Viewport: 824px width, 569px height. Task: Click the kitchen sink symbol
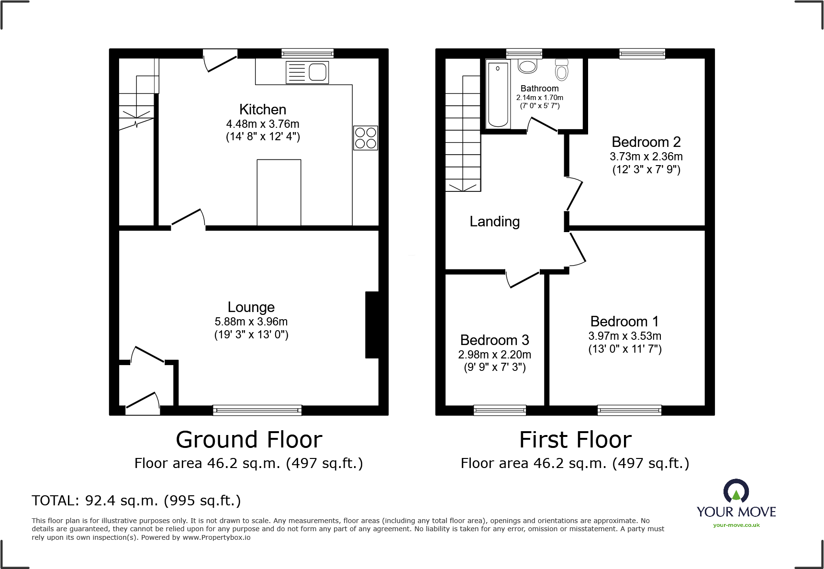pos(307,73)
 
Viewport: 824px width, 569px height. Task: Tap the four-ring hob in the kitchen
pos(366,138)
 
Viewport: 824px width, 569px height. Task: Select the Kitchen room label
pos(263,110)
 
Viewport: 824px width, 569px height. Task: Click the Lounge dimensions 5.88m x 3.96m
pos(251,322)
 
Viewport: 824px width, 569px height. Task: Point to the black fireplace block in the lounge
pos(372,324)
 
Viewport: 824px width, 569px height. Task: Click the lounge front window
pos(257,410)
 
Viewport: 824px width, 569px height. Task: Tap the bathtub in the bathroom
pos(498,94)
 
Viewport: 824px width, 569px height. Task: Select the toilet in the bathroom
pos(562,70)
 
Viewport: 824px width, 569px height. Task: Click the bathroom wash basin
pos(527,66)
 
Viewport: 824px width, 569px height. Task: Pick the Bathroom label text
pos(539,89)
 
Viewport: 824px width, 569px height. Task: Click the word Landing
pos(494,222)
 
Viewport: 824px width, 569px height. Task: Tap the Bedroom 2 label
pos(646,142)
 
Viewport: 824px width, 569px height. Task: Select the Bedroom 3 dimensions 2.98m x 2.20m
pos(494,355)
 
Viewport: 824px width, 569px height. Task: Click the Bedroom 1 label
pos(624,322)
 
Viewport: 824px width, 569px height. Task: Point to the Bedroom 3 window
pos(500,410)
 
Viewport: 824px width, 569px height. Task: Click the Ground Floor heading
pos(249,440)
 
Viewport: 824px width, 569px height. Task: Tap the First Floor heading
pos(575,440)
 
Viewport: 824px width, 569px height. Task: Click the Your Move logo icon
pos(736,492)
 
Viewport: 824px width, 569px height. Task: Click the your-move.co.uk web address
pos(736,525)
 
